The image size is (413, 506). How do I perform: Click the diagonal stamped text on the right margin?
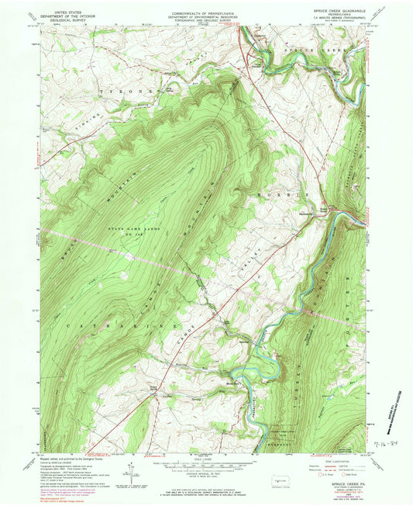click(389, 404)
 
